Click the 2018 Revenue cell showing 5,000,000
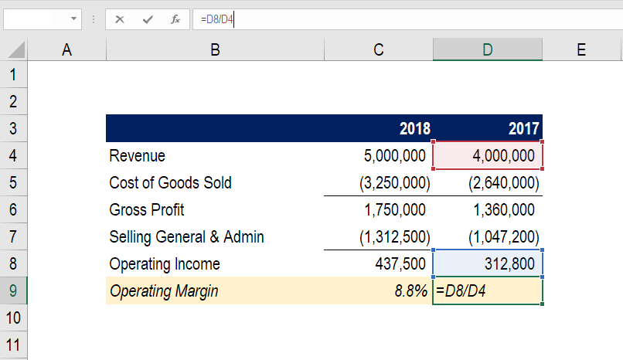click(x=394, y=156)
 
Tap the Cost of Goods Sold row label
click(x=171, y=183)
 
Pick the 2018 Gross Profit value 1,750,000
click(x=393, y=210)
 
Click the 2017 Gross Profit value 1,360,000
click(x=502, y=210)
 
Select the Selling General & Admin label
click(x=186, y=237)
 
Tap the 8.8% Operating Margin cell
click(x=410, y=291)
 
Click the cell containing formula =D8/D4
click(x=488, y=291)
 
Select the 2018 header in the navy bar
click(x=415, y=129)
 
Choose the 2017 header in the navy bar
click(x=524, y=129)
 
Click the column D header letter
click(x=488, y=50)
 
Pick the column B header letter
click(x=215, y=50)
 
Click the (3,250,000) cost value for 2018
click(x=394, y=183)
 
